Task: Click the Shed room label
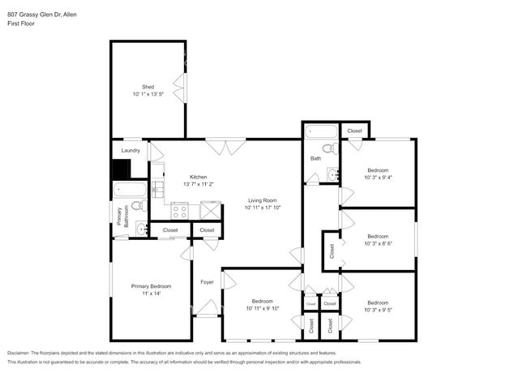[148, 87]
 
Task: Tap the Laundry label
[131, 150]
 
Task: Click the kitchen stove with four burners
[180, 211]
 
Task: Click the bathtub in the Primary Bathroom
[130, 191]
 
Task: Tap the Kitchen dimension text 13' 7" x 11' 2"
[198, 184]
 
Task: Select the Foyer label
[207, 281]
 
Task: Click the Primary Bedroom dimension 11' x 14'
[151, 294]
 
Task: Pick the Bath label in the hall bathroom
[315, 158]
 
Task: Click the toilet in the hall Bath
[328, 148]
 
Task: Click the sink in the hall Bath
[333, 174]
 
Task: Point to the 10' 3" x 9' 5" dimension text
[378, 310]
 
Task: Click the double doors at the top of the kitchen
[225, 147]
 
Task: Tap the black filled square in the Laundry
[121, 169]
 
